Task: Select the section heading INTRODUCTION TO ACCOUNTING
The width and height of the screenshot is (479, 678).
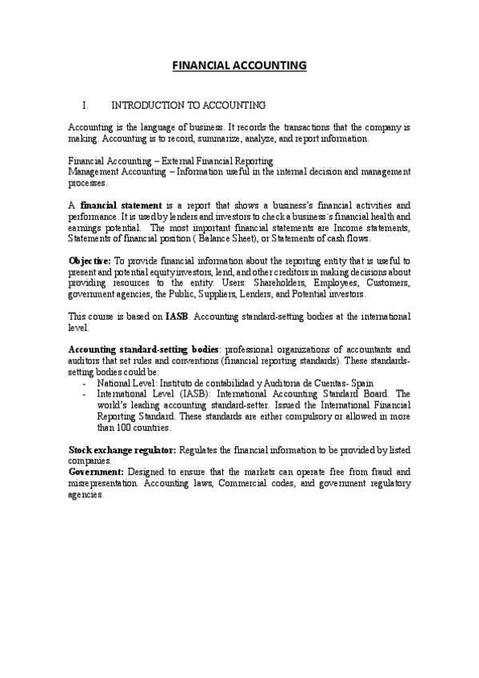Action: coord(188,105)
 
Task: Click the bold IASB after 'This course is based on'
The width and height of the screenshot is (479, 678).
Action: coord(177,317)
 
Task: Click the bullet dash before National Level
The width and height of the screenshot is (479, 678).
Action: coord(84,384)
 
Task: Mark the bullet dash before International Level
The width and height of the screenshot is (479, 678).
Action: coord(84,394)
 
